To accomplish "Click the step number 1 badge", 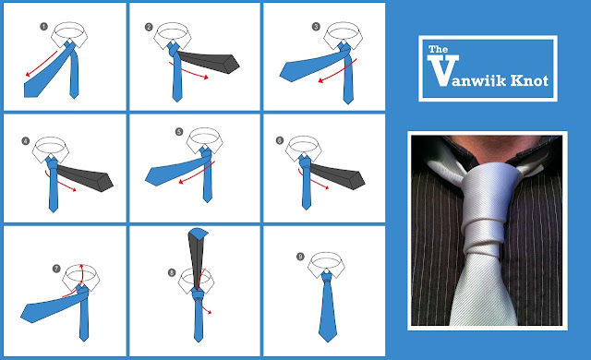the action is (x=44, y=27).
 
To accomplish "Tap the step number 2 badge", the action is (x=149, y=27).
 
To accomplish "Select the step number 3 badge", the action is (x=316, y=27).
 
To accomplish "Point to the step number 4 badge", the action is (x=26, y=141).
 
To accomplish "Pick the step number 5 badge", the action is (x=179, y=132).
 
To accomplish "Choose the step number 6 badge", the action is (x=280, y=141).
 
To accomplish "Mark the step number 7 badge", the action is (x=56, y=269).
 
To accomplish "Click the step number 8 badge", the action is (x=172, y=272).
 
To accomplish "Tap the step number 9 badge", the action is (x=300, y=257).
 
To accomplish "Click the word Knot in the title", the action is (x=529, y=80).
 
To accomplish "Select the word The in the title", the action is (x=438, y=49).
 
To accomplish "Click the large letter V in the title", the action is (x=443, y=70).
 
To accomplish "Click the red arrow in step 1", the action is (x=41, y=64).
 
